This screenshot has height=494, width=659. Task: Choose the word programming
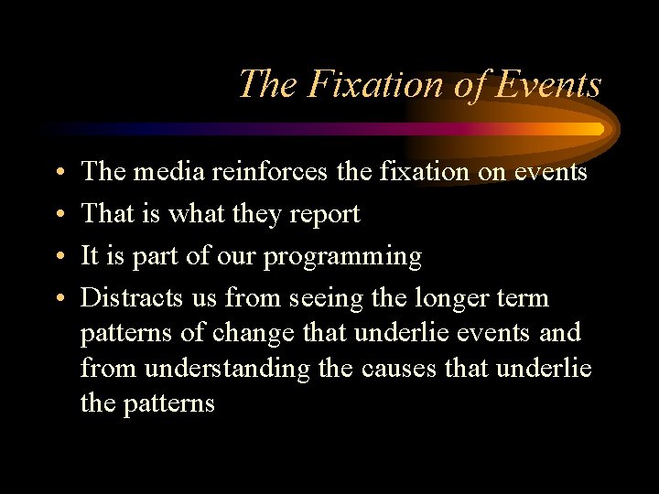point(343,257)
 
